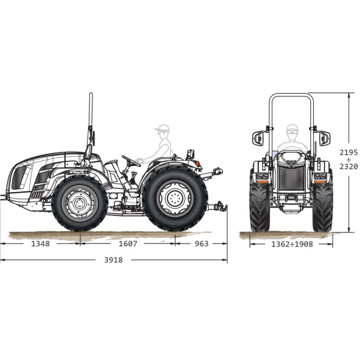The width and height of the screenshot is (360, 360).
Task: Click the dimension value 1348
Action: coord(40,244)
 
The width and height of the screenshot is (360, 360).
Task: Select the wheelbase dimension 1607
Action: coord(128,244)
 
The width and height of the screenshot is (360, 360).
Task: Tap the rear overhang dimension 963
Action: coord(202,244)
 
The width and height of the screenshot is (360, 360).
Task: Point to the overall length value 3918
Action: coord(113,260)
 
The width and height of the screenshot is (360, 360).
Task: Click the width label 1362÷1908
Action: coord(292,244)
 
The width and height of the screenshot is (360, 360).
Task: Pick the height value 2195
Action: coord(349,152)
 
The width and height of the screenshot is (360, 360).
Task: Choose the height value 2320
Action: coord(349,166)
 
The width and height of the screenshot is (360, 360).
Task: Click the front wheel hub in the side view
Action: coord(80,203)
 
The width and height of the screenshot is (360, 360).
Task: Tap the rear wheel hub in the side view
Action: coord(175,199)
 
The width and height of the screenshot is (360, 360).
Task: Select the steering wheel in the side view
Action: coord(131,161)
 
